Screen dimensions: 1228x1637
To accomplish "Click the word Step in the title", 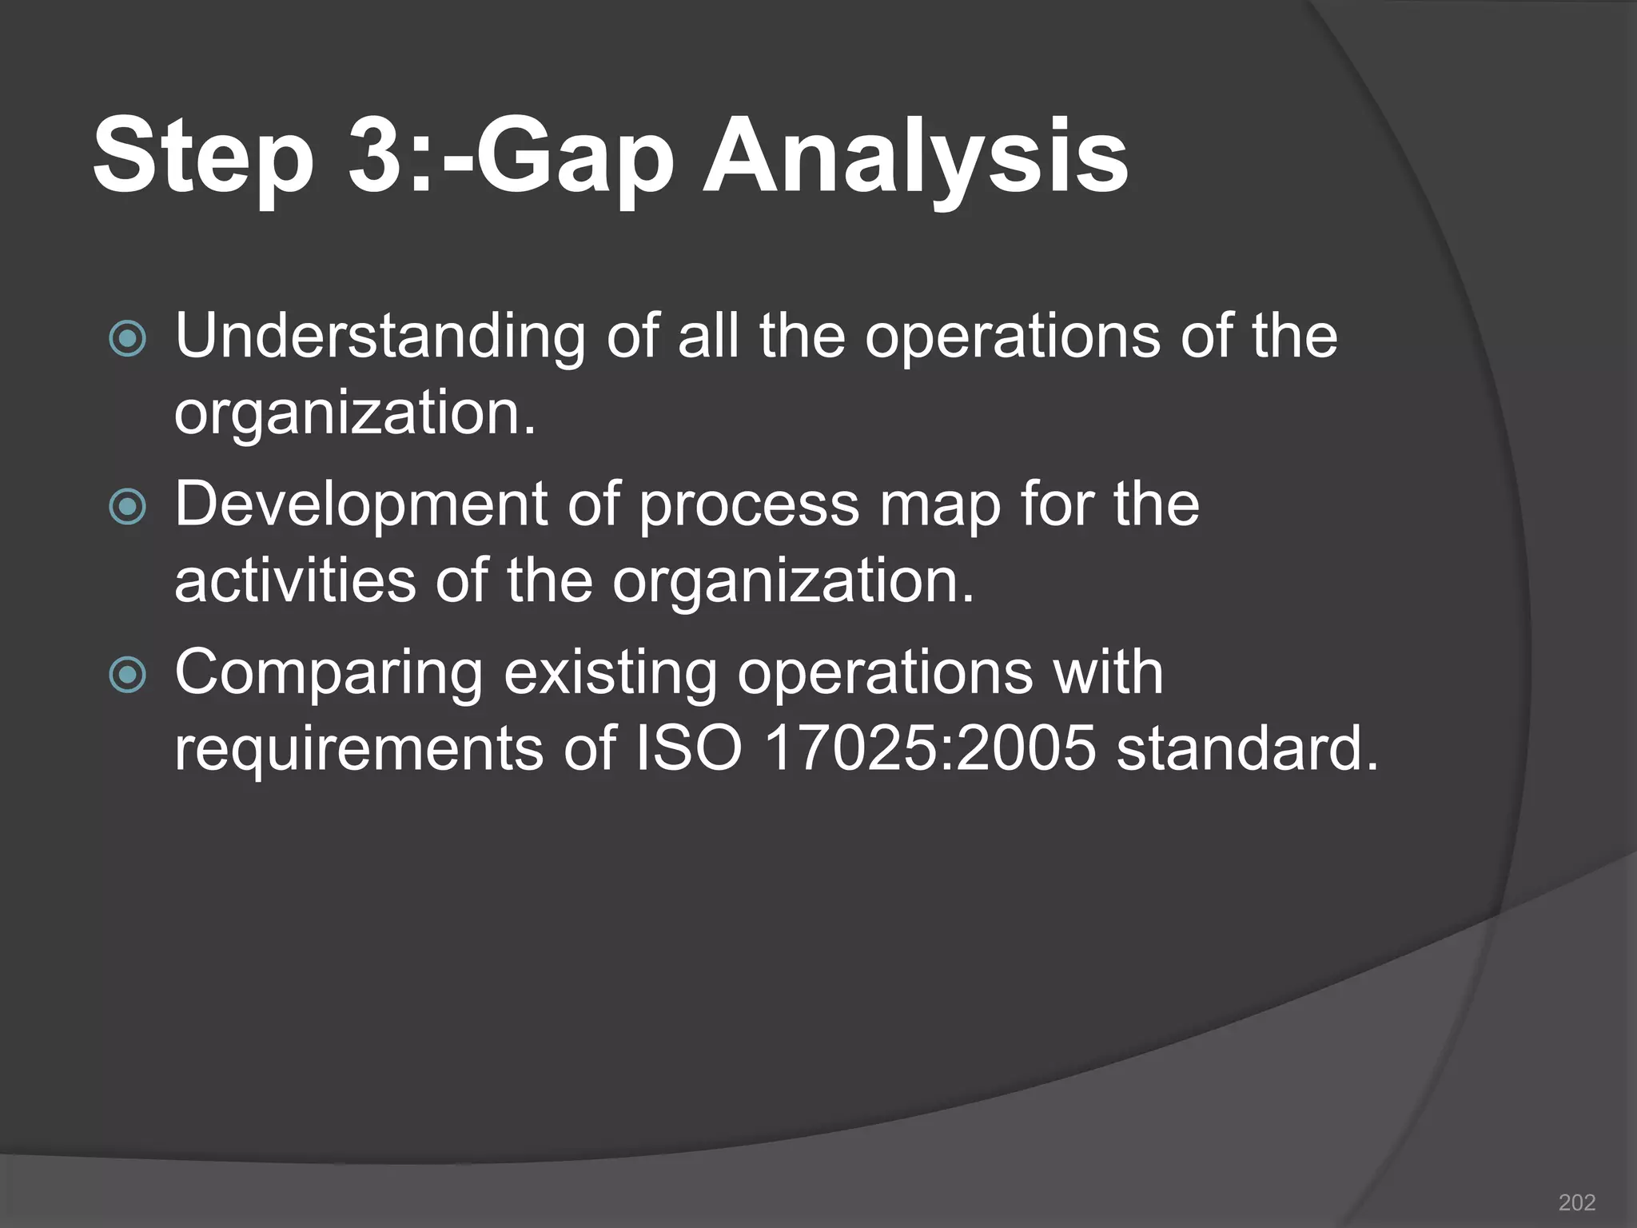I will [204, 156].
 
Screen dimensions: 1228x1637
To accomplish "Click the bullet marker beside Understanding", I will [128, 339].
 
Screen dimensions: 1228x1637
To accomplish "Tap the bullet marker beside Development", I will [128, 507].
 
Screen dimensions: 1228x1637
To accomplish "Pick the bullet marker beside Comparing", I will [128, 675].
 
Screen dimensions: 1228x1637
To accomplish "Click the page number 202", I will [1577, 1202].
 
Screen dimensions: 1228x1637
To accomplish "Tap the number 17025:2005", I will [930, 749].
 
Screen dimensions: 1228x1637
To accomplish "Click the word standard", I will [1248, 749].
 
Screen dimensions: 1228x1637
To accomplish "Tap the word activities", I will [295, 581].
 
